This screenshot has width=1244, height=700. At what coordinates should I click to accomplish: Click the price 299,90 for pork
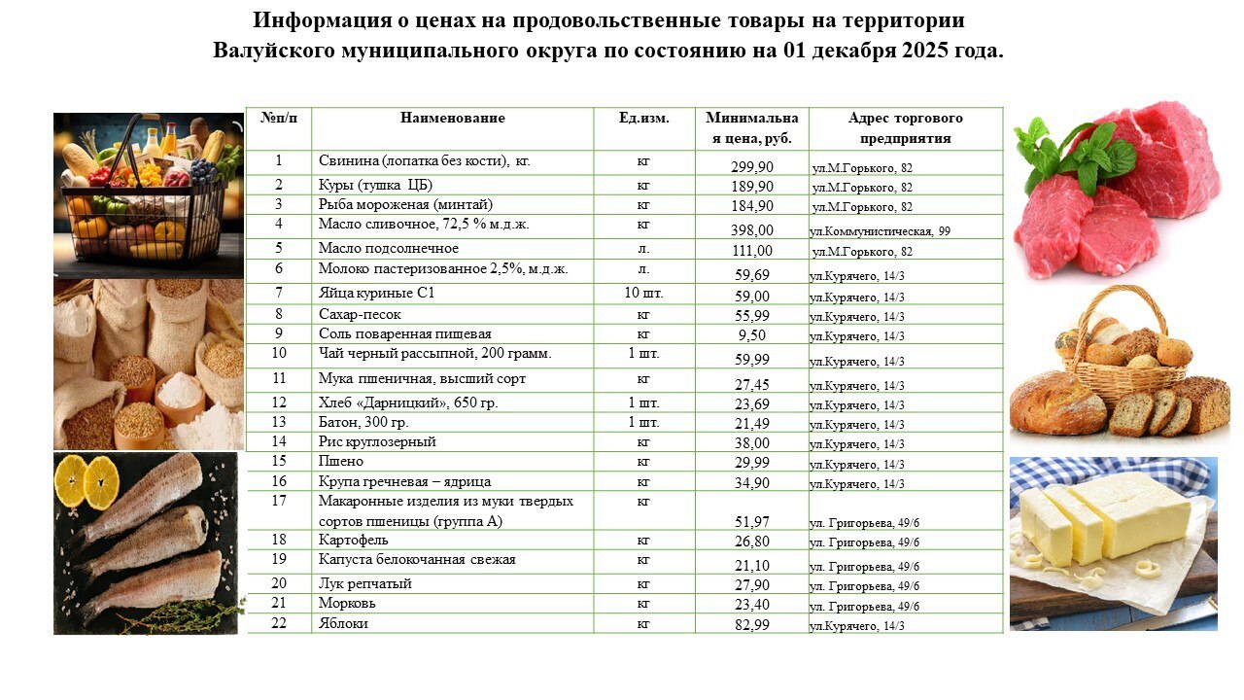tap(752, 167)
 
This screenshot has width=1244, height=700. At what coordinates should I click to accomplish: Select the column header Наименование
tap(452, 119)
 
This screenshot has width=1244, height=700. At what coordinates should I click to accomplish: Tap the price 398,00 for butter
tap(752, 230)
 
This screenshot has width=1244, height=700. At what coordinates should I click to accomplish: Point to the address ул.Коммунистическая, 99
tap(880, 231)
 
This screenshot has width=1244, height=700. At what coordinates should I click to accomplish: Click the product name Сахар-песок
tap(360, 315)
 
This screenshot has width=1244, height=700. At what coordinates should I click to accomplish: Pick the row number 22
tap(279, 623)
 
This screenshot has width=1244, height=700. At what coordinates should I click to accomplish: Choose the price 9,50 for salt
tap(752, 335)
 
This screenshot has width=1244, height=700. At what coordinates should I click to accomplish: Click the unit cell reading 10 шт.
tap(643, 293)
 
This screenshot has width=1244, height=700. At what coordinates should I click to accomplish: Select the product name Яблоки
tap(343, 623)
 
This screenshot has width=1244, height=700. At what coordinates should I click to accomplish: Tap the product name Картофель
tap(354, 540)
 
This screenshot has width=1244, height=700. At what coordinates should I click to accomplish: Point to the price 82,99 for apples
tap(752, 625)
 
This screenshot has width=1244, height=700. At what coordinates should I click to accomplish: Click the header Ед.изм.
tap(643, 119)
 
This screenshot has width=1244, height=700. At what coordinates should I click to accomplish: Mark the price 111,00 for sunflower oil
tap(752, 251)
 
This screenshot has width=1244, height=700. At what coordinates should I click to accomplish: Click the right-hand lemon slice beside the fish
tap(101, 481)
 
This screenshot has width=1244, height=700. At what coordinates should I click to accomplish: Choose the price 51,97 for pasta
tap(752, 522)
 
